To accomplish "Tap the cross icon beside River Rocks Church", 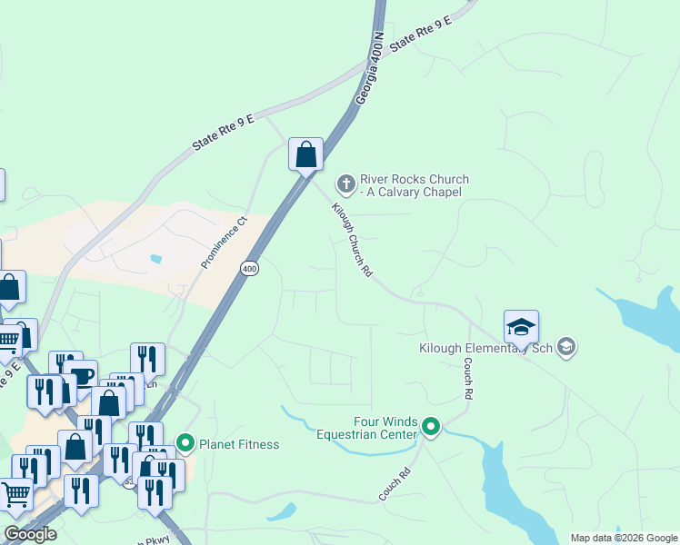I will point(345,184).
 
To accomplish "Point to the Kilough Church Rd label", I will point(352,239).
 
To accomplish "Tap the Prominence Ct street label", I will point(224,241).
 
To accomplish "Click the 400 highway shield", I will point(250,268).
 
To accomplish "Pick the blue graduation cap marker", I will point(521,327).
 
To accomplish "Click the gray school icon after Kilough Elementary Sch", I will point(566,347).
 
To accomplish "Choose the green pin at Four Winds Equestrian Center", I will point(431,426).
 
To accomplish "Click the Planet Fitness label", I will point(240,444).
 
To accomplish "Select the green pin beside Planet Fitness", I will point(186,443).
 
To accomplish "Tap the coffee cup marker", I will point(82,376).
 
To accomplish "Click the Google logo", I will point(31,534).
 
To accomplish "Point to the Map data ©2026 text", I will point(623,538).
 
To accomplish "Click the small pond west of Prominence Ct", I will point(157,259).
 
